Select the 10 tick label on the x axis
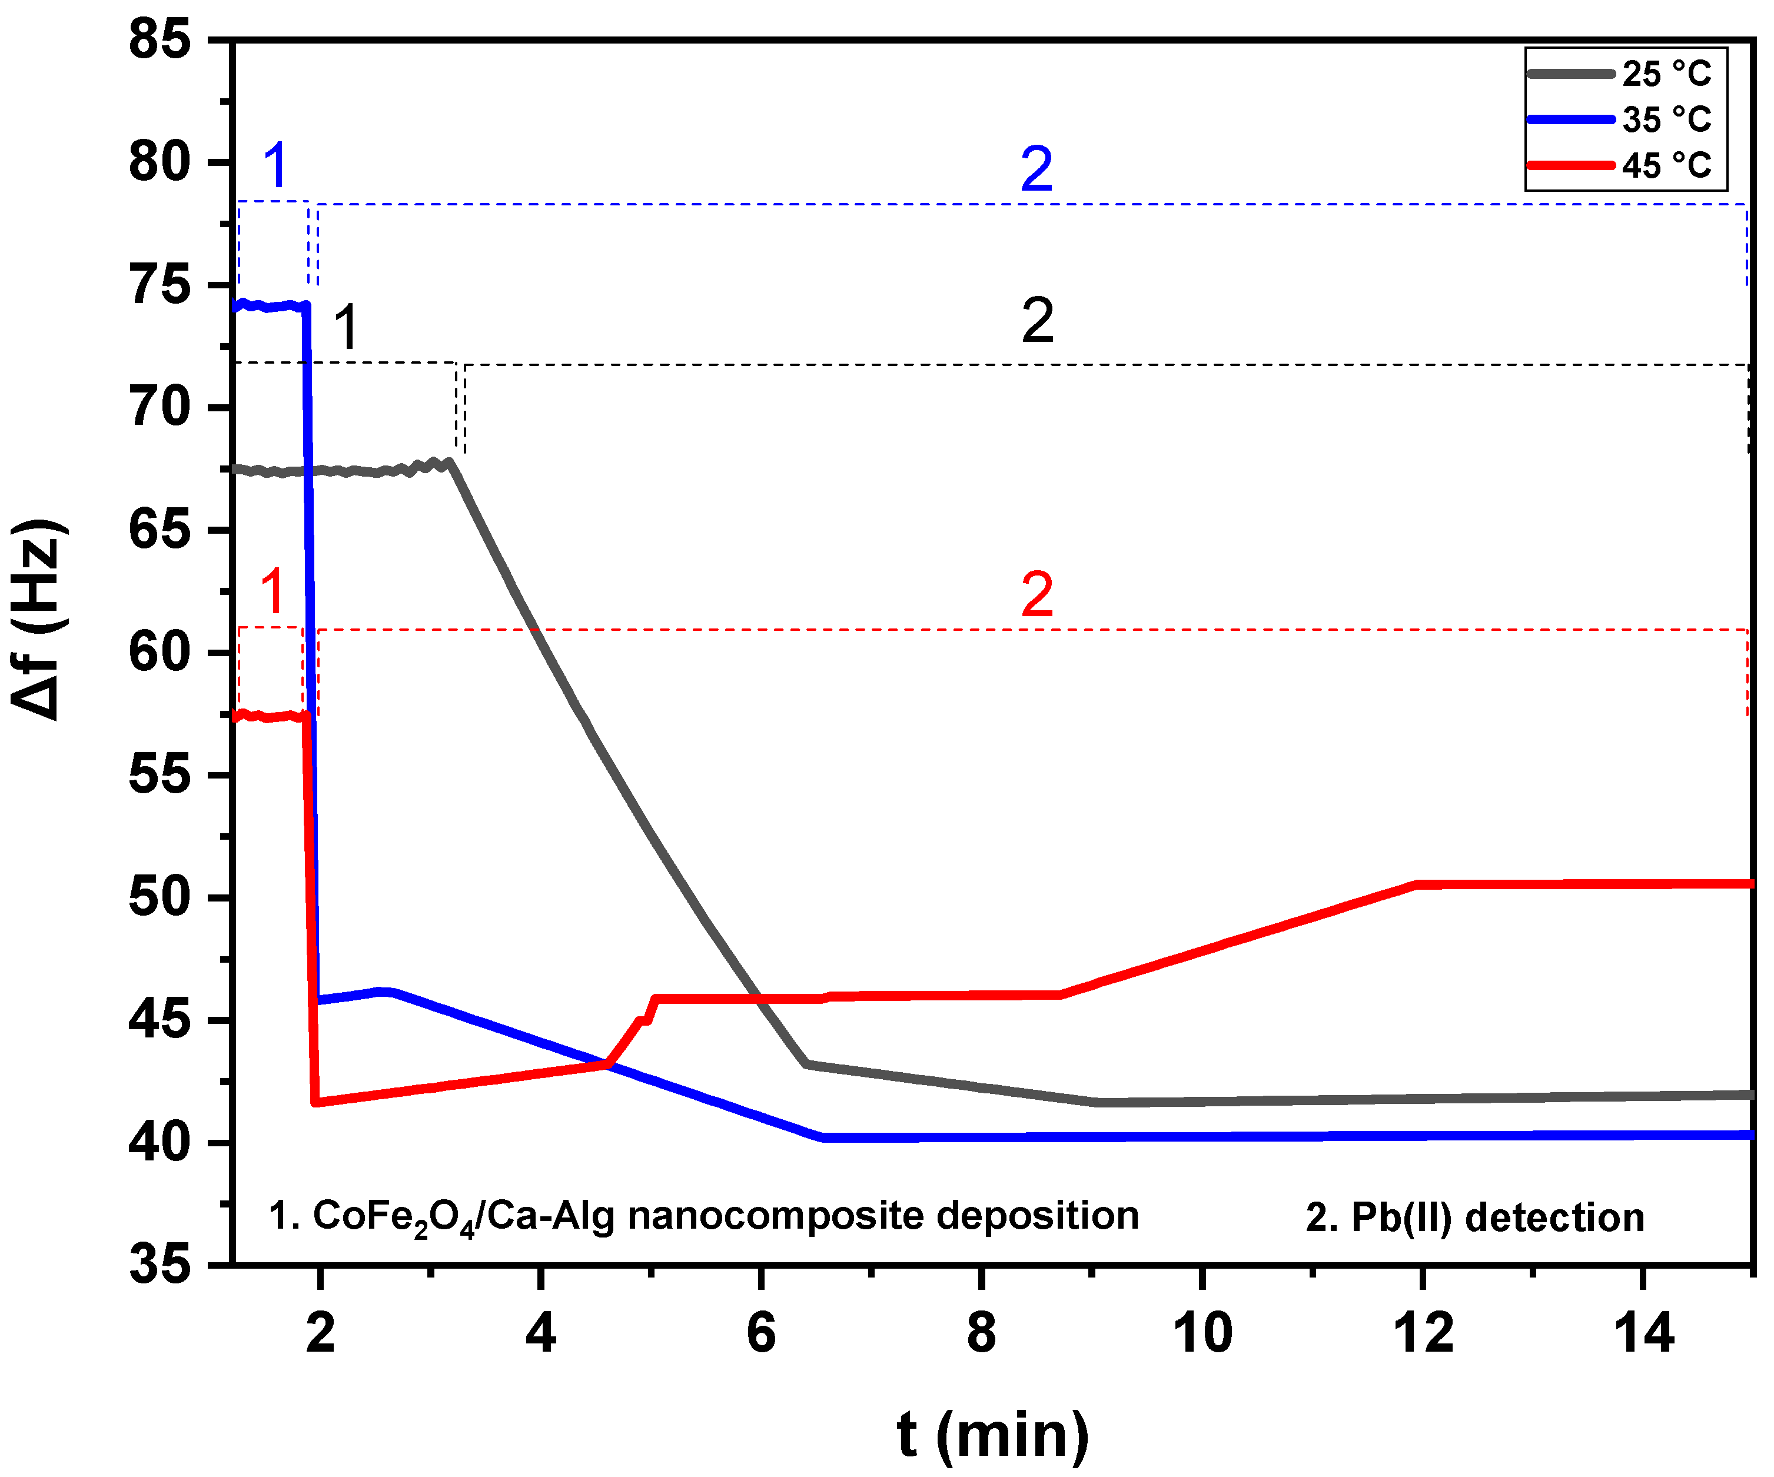[x=1202, y=1334]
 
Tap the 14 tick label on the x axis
[x=1643, y=1334]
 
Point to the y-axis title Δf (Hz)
[x=39, y=621]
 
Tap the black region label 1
[x=346, y=328]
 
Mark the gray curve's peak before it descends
[x=450, y=462]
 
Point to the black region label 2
[x=1037, y=321]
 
